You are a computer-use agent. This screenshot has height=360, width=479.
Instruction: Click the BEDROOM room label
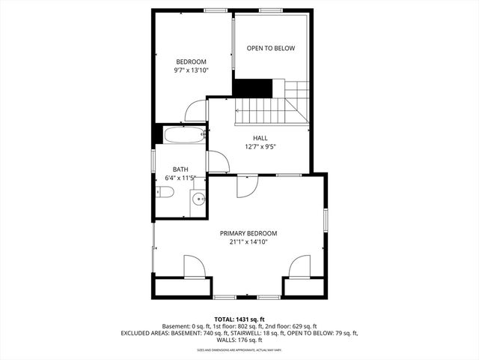pos(192,61)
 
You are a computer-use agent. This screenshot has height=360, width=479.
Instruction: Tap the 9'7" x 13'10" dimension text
pos(192,70)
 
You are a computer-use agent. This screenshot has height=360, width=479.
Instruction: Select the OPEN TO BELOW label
pos(271,49)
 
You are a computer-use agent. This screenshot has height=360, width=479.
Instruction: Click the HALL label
pos(260,138)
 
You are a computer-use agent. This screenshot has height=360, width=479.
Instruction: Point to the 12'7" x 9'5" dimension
pos(260,147)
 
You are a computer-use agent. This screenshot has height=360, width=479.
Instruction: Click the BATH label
pos(180,169)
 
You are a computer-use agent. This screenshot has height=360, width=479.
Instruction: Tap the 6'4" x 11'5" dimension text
pos(180,178)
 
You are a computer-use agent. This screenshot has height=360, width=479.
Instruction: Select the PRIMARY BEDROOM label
pos(248,233)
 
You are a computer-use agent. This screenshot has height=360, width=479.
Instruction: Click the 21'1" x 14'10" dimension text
pos(248,242)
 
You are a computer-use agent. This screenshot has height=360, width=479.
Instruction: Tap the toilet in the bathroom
pos(165,193)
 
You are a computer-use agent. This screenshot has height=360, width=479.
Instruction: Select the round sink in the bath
pos(198,199)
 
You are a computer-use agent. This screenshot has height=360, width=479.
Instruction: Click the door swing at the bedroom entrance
pos(196,112)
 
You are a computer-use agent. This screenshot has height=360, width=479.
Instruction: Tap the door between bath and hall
pos(217,161)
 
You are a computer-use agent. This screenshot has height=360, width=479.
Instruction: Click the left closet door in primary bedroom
pos(193,267)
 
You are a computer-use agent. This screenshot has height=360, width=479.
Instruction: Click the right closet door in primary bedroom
pos(300,266)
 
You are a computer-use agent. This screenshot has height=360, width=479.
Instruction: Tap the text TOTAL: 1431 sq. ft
pos(239,319)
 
